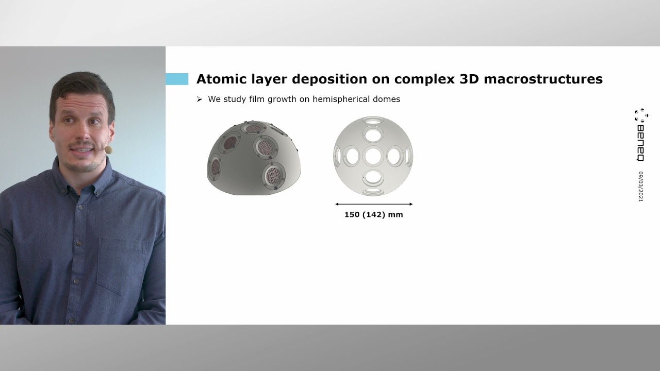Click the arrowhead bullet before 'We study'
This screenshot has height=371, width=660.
point(200,99)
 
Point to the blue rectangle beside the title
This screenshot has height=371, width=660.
point(177,79)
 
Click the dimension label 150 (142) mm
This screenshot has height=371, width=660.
point(373,214)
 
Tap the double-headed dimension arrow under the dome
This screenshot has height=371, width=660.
point(373,205)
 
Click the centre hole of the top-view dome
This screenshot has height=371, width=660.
point(373,156)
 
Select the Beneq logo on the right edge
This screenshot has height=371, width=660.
point(641,135)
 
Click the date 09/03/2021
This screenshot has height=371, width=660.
point(641,186)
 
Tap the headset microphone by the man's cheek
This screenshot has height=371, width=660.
point(108,150)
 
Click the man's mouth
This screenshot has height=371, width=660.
point(82,150)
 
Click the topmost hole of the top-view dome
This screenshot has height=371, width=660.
point(373,121)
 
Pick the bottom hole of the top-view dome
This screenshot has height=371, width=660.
point(373,191)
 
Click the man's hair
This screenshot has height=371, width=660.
point(82,85)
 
